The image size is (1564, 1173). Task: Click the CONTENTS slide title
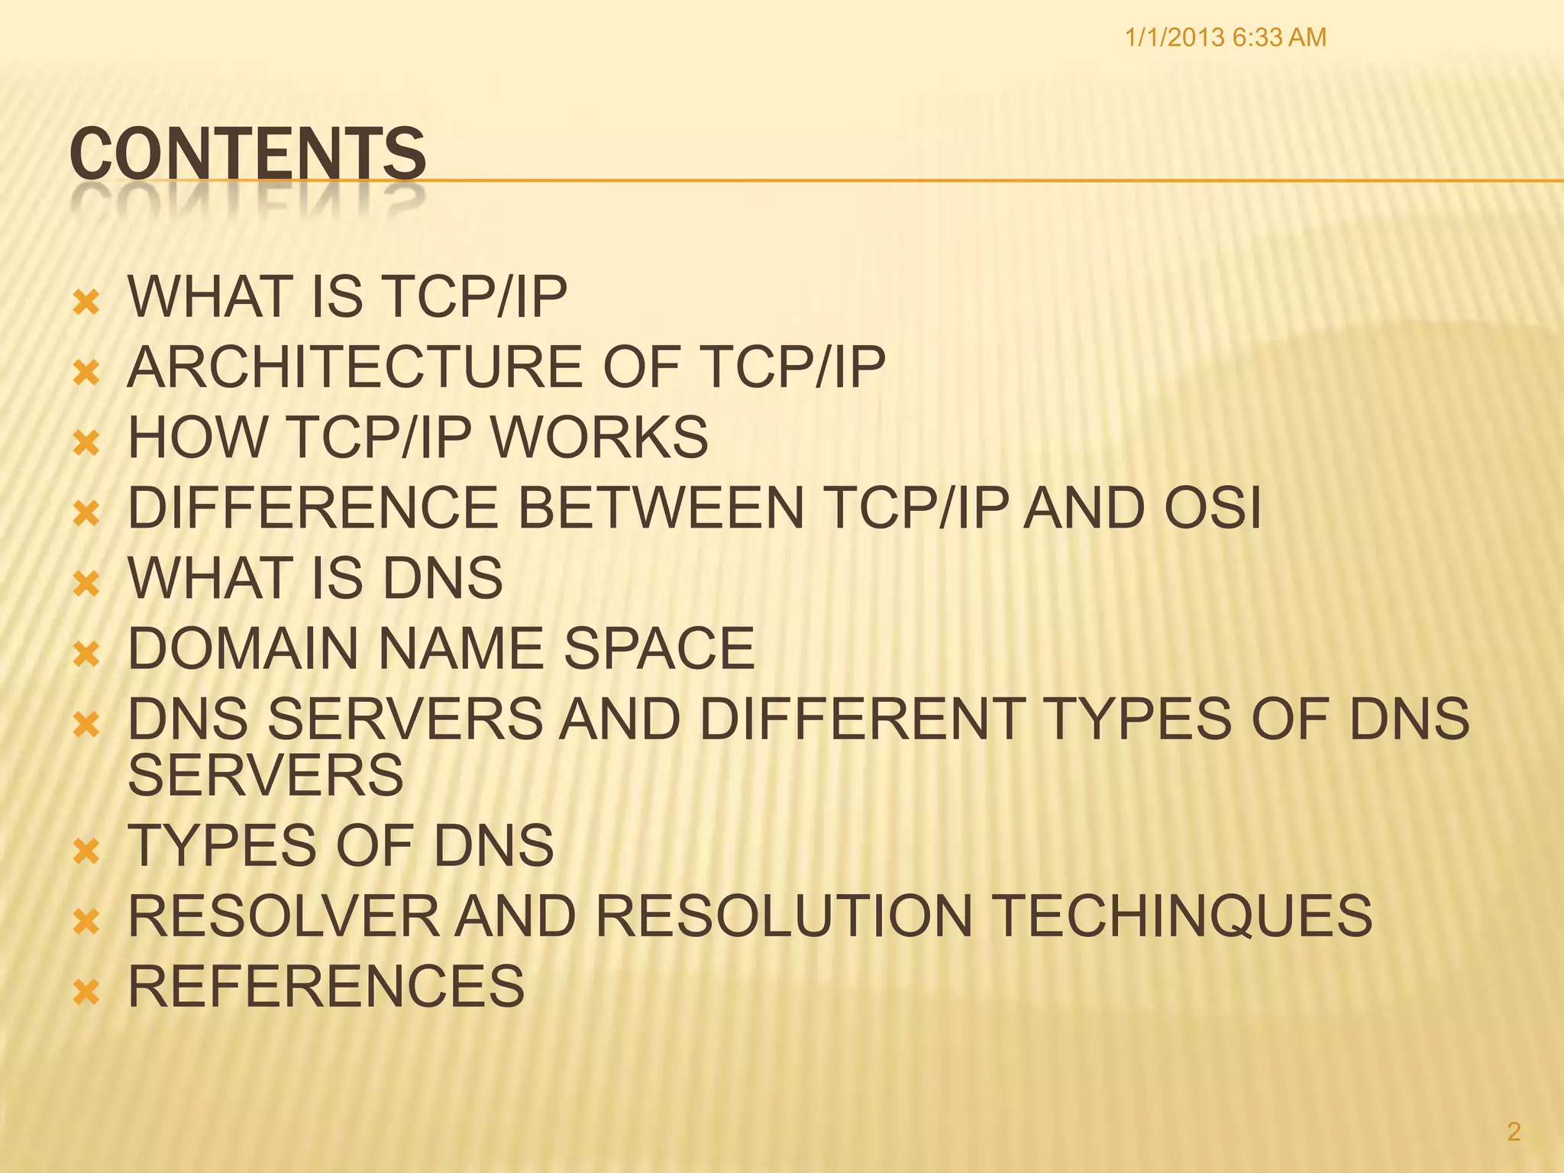coord(247,155)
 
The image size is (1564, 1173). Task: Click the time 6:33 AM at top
coord(1279,37)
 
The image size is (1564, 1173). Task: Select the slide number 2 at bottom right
coord(1514,1132)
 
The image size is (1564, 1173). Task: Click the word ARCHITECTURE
coord(355,367)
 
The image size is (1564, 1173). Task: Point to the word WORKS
coord(599,438)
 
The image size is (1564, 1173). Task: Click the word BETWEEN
coord(661,508)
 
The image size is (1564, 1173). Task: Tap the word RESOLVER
coord(283,916)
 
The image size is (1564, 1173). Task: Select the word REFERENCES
coord(326,986)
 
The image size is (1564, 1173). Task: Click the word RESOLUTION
coord(784,916)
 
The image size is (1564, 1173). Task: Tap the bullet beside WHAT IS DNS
coord(86,585)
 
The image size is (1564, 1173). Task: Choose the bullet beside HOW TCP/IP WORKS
coord(86,444)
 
